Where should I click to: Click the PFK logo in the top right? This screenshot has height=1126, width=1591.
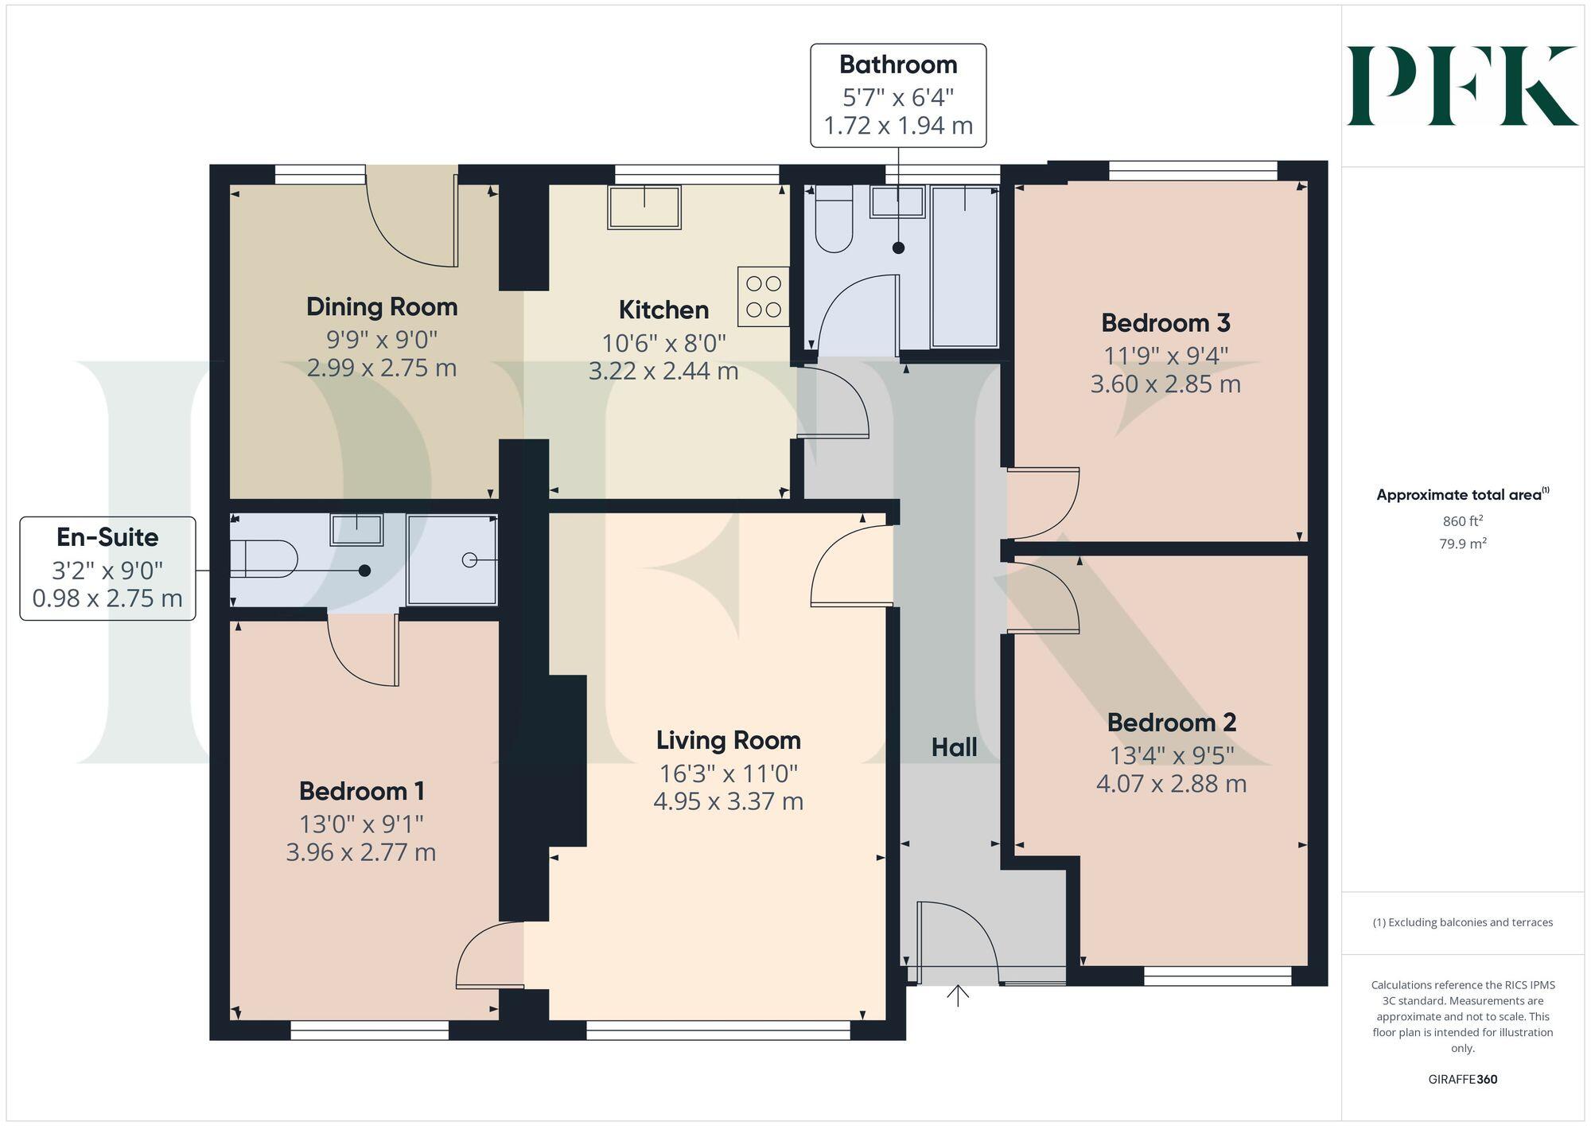pos(1461,86)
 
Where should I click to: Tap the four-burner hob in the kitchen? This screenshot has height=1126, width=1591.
pos(763,297)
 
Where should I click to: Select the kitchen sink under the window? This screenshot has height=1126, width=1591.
pos(644,207)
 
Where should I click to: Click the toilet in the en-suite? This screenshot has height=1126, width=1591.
pos(263,559)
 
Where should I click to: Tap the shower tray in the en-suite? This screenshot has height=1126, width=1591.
pos(452,560)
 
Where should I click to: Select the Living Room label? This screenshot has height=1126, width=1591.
pos(728,740)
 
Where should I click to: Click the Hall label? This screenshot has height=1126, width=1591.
pos(954,747)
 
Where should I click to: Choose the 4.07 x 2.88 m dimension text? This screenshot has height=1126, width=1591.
pos(1171,784)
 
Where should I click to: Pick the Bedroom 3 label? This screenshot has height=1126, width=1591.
pos(1165,323)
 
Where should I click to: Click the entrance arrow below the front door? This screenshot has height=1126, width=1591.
pos(958,995)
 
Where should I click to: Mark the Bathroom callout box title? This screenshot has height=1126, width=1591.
pos(898,64)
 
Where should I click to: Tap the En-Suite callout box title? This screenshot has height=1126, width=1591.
pos(107,537)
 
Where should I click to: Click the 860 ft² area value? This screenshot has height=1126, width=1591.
pos(1462,521)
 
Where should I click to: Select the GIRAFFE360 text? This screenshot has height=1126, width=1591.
pos(1462,1079)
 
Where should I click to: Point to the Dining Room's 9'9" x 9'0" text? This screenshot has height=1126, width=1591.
pos(382,340)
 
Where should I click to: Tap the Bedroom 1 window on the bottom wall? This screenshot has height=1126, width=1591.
pos(370,1031)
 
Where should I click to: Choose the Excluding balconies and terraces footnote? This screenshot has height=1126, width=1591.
pos(1462,922)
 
